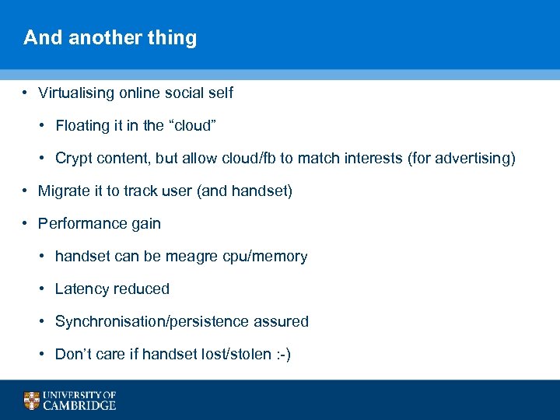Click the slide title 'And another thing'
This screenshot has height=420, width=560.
110,38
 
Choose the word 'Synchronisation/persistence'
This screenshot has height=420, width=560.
149,322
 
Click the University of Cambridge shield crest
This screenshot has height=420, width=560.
31,401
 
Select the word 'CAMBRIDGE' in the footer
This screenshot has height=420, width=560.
80,405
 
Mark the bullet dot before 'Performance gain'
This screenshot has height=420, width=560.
26,224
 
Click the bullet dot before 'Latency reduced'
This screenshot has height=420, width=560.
43,289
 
